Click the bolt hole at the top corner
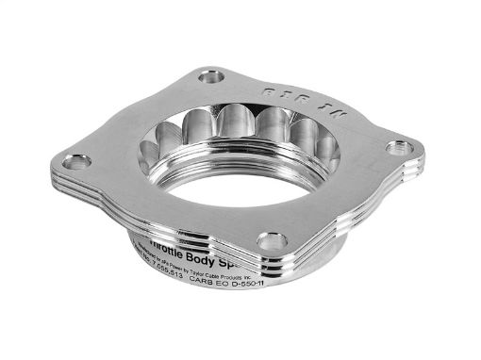[211, 76]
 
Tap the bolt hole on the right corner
[404, 148]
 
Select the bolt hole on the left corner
[77, 161]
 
